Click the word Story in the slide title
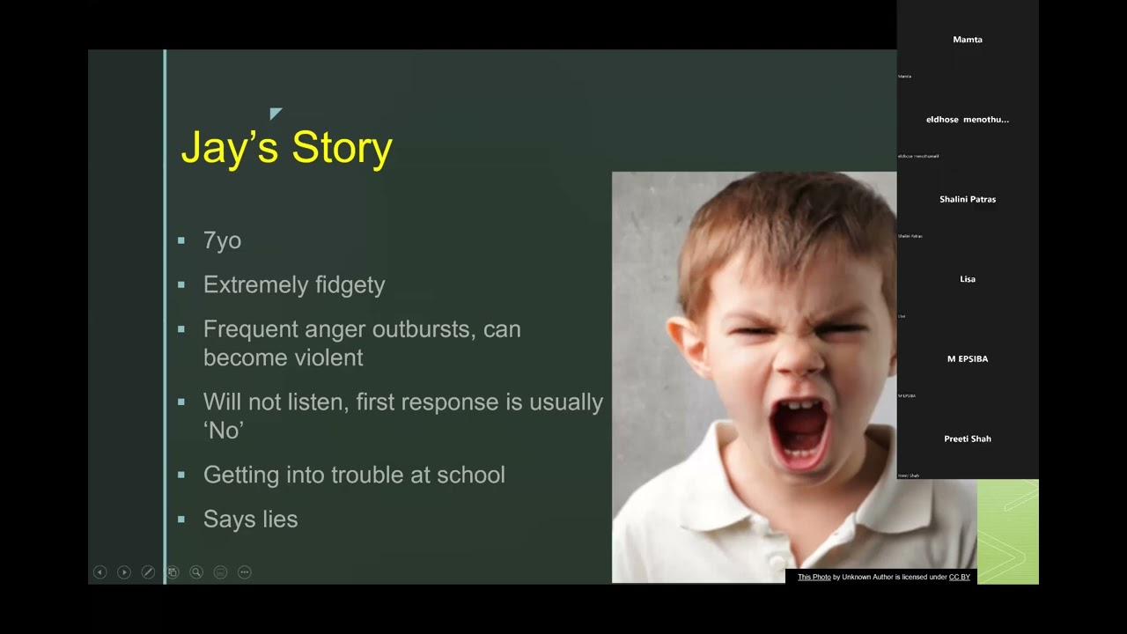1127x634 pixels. pos(342,147)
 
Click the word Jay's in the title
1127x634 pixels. pos(229,148)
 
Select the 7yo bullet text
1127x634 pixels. pos(222,240)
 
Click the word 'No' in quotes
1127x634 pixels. pos(224,430)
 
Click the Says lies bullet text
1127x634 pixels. pos(250,520)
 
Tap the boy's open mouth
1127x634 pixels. pos(799,431)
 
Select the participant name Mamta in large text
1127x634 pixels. pos(968,40)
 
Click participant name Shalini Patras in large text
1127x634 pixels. pos(968,199)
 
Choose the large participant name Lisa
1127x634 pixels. pos(968,279)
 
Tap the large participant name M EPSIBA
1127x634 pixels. pos(968,359)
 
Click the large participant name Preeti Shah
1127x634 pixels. pos(968,439)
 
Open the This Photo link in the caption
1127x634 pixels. pos(814,577)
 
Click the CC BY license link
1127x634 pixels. pos(959,577)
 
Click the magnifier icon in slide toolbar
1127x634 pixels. pos(196,572)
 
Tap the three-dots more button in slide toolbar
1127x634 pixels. pos(245,572)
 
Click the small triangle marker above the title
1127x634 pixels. pos(276,113)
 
